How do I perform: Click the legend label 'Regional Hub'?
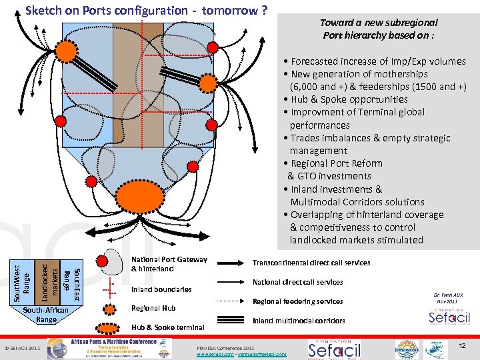tap(153, 308)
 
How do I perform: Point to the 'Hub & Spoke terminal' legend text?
tap(167, 327)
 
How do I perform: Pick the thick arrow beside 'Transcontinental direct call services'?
tap(235, 263)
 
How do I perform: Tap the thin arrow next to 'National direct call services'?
tap(235, 283)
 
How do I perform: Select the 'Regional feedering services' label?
tap(297, 302)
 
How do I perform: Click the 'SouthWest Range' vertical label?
tap(21, 281)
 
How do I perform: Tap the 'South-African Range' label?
tap(46, 315)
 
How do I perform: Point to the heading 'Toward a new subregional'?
tap(379, 23)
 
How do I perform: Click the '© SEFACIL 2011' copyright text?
tap(23, 348)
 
